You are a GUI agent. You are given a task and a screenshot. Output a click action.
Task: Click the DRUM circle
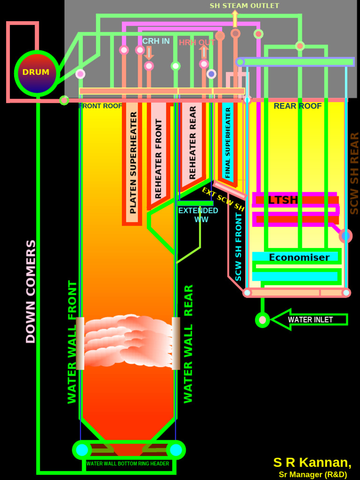pyautogui.click(x=37, y=73)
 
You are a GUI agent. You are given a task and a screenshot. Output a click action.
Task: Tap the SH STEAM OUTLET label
pyautogui.click(x=244, y=6)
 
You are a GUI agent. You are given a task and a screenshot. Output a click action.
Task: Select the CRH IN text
pyautogui.click(x=156, y=41)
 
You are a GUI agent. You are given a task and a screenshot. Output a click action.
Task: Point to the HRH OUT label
pyautogui.click(x=197, y=43)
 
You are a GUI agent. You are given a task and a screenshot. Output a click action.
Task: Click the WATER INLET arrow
pyautogui.click(x=309, y=320)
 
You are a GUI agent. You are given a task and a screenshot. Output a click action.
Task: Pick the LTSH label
pyautogui.click(x=283, y=200)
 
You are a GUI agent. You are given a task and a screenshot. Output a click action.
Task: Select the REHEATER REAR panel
pyautogui.click(x=193, y=142)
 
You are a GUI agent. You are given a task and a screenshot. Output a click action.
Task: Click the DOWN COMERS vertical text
pyautogui.click(x=30, y=291)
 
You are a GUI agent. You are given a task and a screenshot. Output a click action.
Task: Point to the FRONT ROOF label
pyautogui.click(x=100, y=106)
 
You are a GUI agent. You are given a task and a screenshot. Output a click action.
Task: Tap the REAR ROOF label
pyautogui.click(x=298, y=106)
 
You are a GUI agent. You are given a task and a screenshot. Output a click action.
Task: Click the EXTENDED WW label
pyautogui.click(x=198, y=215)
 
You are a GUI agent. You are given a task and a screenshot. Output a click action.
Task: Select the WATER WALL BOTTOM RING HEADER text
pyautogui.click(x=127, y=464)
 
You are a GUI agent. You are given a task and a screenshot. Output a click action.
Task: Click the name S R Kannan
pyautogui.click(x=312, y=462)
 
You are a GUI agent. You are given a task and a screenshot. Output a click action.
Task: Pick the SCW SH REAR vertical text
pyautogui.click(x=354, y=173)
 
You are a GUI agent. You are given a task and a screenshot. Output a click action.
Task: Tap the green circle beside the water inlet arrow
pyautogui.click(x=262, y=320)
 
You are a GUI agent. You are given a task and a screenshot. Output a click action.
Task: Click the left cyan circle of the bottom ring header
pyautogui.click(x=82, y=450)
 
